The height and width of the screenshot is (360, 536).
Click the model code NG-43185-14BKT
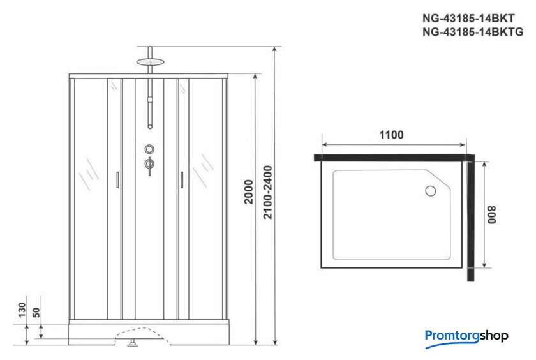tap(468, 18)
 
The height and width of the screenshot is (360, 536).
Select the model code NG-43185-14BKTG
tap(473, 32)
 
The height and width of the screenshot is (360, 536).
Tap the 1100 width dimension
tap(391, 135)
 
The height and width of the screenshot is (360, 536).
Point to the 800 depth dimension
tap(492, 214)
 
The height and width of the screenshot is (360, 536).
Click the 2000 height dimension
tap(248, 191)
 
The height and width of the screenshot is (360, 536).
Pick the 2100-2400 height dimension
tap(268, 192)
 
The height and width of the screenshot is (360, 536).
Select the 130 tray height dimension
tap(22, 310)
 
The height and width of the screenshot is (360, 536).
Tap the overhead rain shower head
tap(151, 62)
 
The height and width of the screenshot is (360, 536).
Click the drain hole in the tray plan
tap(430, 191)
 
